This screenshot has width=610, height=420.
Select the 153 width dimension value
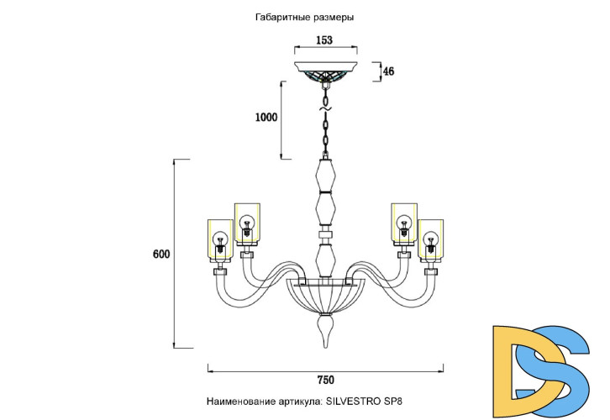tap(324, 40)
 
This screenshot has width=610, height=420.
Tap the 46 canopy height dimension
tap(388, 71)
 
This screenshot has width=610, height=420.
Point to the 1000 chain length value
tap(266, 118)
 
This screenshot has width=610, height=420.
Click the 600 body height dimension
tap(161, 254)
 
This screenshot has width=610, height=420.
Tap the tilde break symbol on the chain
tap(325, 106)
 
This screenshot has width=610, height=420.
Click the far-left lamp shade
tap(219, 239)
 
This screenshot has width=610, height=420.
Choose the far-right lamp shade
tap(430, 239)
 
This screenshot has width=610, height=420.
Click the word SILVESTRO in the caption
tap(355, 402)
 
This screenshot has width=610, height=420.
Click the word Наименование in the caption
tap(238, 402)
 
